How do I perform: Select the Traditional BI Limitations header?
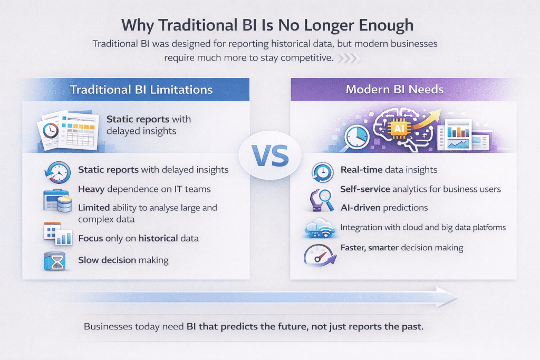pyautogui.click(x=141, y=90)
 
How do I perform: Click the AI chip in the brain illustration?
pyautogui.click(x=398, y=128)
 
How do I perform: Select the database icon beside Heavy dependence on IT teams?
pyautogui.click(x=57, y=200)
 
